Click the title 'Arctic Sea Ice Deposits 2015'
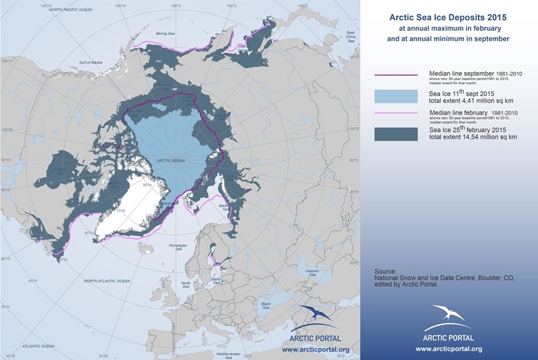tap(448, 16)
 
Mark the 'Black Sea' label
tap(265, 305)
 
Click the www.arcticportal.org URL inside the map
tap(315, 349)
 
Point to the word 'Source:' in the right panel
tap(385, 271)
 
